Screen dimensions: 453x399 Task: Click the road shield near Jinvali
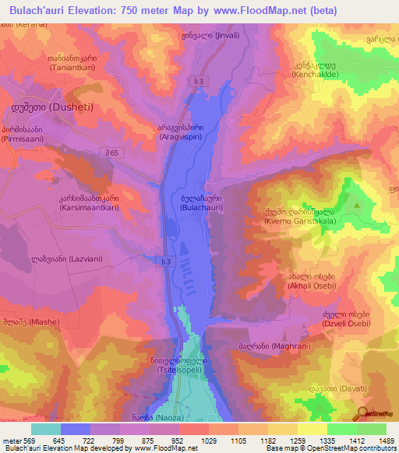(201, 80)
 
